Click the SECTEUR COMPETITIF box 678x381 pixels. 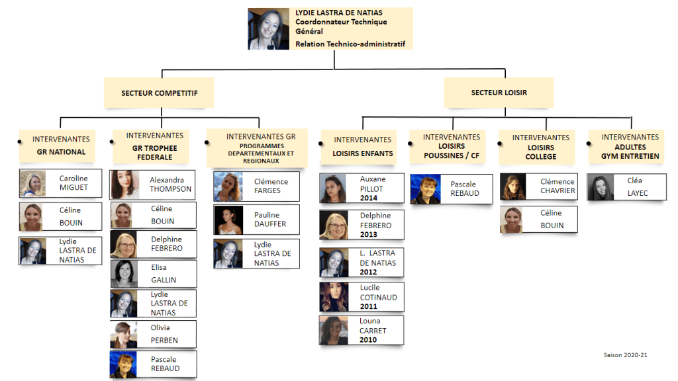point(159,93)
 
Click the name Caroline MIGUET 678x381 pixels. point(73,183)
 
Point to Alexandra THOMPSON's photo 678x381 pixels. point(124,185)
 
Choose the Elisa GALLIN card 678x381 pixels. point(153,274)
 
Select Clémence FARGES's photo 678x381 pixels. point(228,187)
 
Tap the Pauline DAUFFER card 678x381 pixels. point(256,220)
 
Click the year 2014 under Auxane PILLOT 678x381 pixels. point(369,198)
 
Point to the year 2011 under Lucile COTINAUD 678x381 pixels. point(369,306)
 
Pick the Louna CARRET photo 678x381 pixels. point(334,330)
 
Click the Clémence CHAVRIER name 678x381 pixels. point(557,186)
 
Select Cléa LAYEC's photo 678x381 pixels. point(601,187)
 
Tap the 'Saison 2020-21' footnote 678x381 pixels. point(625,355)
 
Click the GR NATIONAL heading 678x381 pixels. point(62,151)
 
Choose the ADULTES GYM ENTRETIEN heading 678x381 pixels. point(630,151)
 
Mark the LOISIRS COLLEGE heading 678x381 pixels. point(542,152)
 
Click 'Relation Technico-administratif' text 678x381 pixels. point(350,44)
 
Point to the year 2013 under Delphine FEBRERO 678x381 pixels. point(369,234)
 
